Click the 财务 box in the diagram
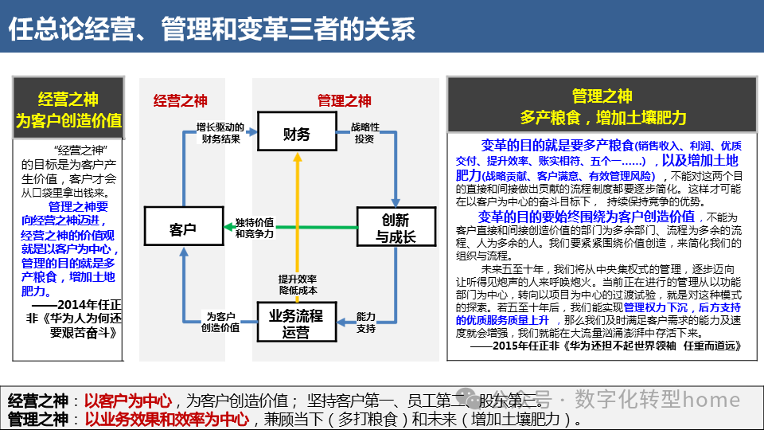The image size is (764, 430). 297,135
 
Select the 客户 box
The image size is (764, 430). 183,229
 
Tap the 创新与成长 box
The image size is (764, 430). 396,228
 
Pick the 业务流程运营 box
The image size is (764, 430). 296,322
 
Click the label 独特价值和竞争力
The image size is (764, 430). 255,228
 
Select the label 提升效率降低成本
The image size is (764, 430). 298,285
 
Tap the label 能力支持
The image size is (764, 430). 366,322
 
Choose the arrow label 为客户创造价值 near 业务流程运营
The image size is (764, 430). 223,322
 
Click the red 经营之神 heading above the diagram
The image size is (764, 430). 180,100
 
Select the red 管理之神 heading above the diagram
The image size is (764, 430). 344,100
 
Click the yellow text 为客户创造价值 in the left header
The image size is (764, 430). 69,120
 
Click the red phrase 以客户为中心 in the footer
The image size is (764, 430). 128,401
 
